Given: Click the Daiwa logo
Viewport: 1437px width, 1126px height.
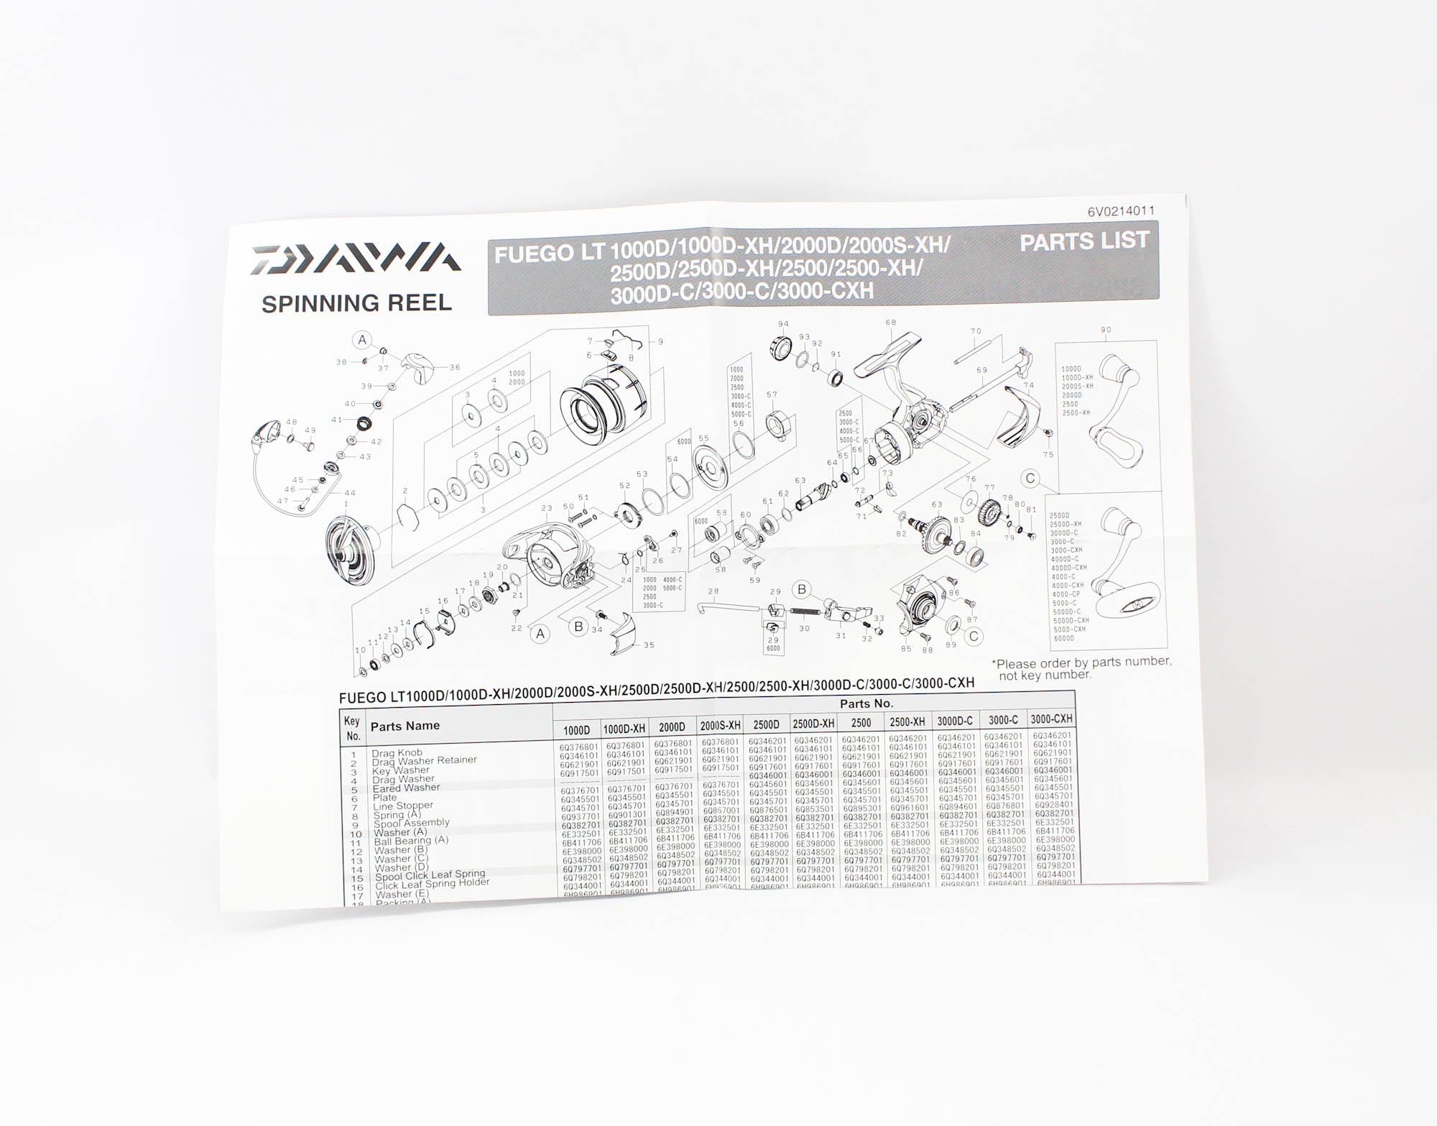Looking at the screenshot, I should coord(356,259).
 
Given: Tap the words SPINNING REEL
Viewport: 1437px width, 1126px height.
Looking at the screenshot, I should coord(356,304).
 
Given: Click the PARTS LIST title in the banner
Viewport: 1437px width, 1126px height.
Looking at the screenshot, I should coord(1084,242).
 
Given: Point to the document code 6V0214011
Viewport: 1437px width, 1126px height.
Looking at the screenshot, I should coord(1121,211).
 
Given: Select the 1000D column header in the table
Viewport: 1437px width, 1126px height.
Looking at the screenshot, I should coord(576,730).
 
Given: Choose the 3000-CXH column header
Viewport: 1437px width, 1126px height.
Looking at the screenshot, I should coord(1051,719).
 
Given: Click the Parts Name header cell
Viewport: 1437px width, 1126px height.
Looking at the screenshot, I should coord(405,726).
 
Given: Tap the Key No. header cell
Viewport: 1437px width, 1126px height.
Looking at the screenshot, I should coord(352,728).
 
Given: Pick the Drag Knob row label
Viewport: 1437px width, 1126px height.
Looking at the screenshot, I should coord(397,753).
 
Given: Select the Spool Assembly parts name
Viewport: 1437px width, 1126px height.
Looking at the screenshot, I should coord(411,823).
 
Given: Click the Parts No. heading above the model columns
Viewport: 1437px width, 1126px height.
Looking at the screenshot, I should coord(866,703).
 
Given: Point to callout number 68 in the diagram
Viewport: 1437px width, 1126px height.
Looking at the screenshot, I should coord(891,323).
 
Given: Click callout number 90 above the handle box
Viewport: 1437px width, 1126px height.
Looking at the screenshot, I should coord(1105,330).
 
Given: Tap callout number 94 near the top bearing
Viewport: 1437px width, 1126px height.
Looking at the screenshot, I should coord(783,324).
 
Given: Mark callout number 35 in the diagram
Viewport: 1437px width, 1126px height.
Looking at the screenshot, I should coord(649,645).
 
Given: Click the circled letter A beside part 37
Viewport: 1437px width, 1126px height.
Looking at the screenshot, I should coord(362,340).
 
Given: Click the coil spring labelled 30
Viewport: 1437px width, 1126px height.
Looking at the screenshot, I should coord(805,612).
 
